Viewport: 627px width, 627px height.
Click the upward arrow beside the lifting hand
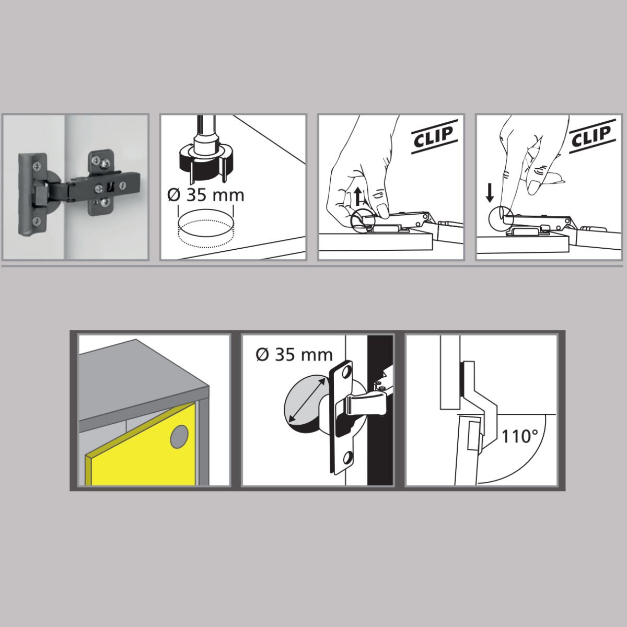pos(358,196)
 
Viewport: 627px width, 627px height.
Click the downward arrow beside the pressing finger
pos(490,194)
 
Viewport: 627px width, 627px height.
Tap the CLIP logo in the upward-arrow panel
pos(434,136)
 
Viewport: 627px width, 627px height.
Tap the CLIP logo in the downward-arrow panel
pos(592,136)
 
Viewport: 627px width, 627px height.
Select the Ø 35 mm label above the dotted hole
pos(206,195)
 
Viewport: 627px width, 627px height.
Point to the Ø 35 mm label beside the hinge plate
pos(294,355)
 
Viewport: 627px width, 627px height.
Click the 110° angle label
pos(520,436)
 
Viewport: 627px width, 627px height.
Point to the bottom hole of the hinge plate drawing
pos(347,458)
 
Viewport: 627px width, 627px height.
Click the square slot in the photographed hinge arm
pos(111,188)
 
